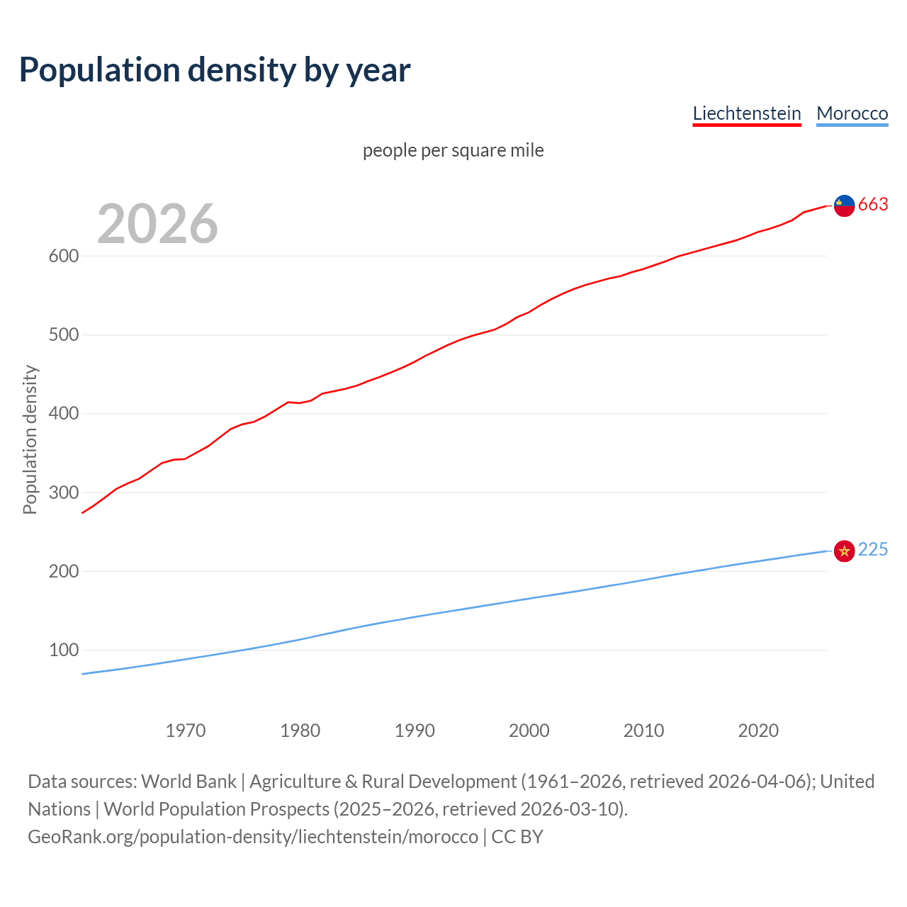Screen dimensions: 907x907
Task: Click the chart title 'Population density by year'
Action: coord(215,70)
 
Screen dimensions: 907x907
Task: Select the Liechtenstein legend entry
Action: coord(746,113)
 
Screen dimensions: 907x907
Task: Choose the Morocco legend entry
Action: coord(852,113)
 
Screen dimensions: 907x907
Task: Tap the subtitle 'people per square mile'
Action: coord(453,150)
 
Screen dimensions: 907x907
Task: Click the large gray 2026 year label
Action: coord(157,224)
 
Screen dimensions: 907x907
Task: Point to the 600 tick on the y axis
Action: coord(63,256)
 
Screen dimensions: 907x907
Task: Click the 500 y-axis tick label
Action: coord(63,334)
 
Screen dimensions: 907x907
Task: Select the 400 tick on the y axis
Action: coord(63,413)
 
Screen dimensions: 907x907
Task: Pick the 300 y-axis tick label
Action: coord(63,492)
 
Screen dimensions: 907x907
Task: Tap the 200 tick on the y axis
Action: coord(63,571)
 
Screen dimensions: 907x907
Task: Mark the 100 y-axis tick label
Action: coord(63,650)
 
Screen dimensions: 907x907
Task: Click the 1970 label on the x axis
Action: coord(186,731)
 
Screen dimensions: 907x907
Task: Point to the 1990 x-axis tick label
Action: coord(415,731)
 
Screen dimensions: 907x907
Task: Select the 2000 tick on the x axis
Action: coord(529,731)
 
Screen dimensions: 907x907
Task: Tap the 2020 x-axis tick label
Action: coord(758,731)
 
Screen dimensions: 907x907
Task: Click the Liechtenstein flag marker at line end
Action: coord(844,205)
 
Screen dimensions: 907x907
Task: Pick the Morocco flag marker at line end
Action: coord(844,551)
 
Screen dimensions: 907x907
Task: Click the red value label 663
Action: coord(873,204)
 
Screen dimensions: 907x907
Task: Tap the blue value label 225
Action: coord(873,550)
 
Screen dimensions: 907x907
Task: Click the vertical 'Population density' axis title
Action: coord(30,439)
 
